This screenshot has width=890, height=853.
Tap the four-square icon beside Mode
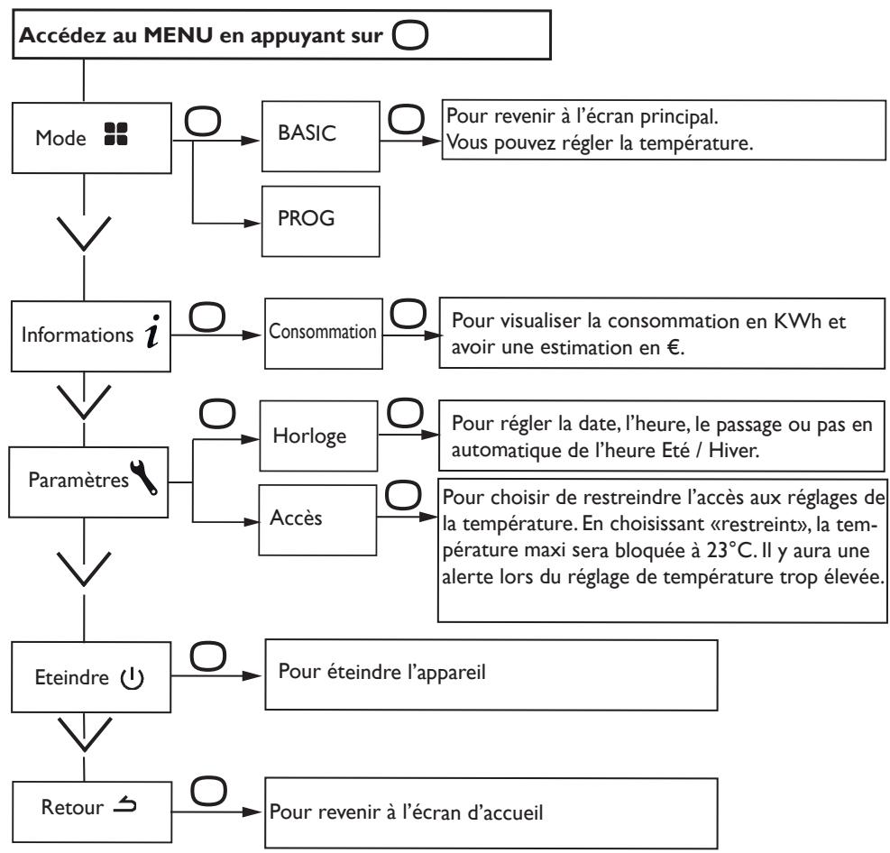[x=116, y=134]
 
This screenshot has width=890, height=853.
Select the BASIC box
[x=321, y=136]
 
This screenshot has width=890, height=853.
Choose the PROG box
[x=321, y=221]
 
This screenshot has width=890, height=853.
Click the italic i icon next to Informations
[x=152, y=332]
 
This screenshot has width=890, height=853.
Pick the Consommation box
[x=324, y=334]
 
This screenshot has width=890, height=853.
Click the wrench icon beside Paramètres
[x=143, y=477]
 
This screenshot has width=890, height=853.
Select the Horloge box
[x=318, y=436]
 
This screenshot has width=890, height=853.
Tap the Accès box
[x=317, y=520]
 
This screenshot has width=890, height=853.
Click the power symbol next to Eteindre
[x=133, y=678]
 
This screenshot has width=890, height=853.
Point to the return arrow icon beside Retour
[x=124, y=805]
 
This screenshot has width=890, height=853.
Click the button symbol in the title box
[x=409, y=35]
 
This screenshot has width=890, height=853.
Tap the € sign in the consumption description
[x=674, y=347]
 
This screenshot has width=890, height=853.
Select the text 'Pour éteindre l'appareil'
[x=382, y=672]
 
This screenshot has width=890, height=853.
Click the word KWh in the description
[x=797, y=321]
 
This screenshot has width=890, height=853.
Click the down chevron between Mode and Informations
[x=84, y=234]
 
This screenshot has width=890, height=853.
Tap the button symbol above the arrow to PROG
[x=203, y=122]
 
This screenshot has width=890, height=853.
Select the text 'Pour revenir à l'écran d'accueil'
[x=406, y=812]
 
